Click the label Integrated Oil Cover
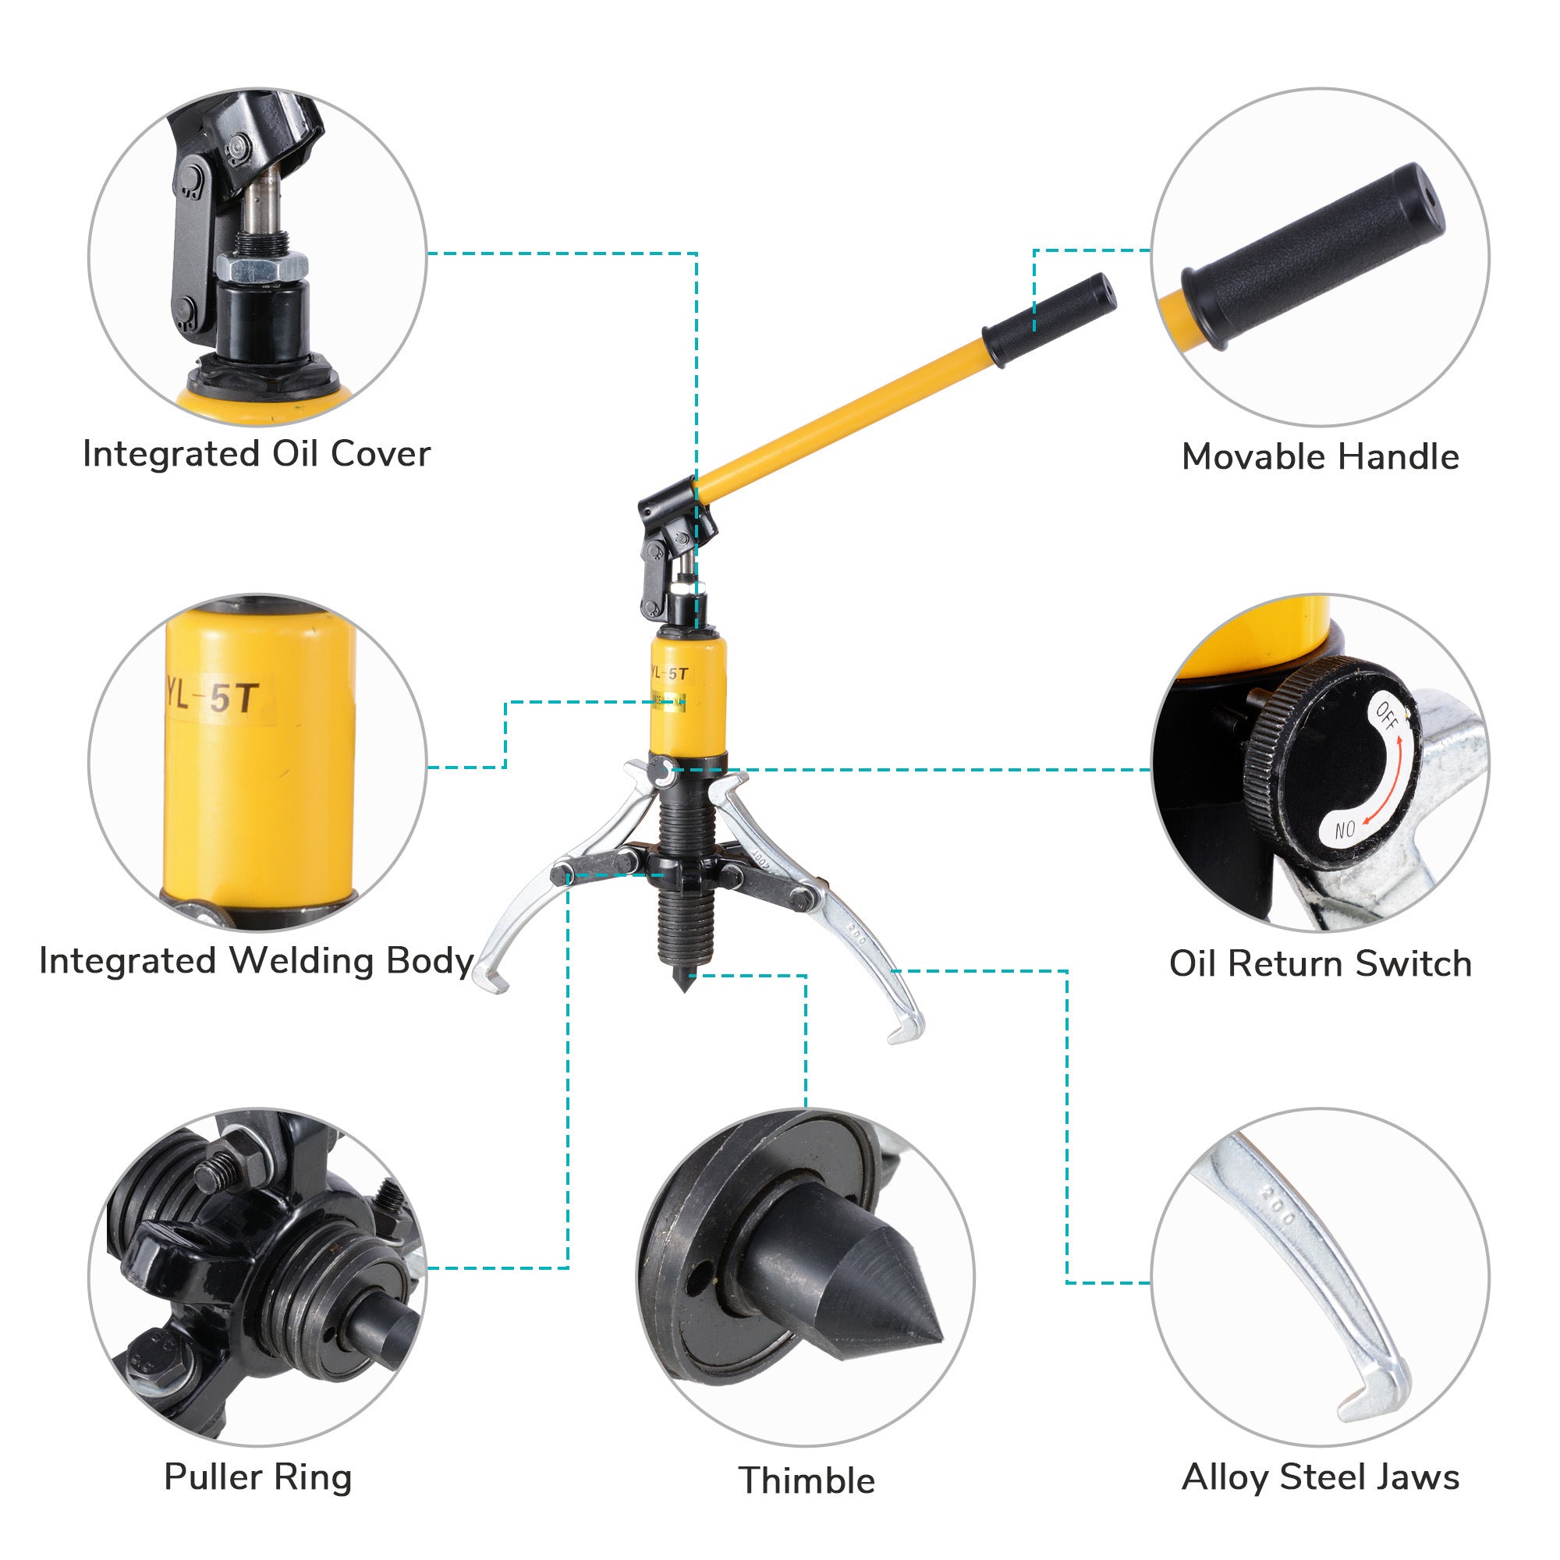click(257, 454)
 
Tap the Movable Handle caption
click(1321, 457)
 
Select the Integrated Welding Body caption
click(257, 961)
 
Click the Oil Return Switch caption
click(1321, 963)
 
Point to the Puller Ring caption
click(257, 1477)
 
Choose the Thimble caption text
click(807, 1480)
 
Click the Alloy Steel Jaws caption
click(1321, 1477)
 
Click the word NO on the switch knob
click(1345, 829)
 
